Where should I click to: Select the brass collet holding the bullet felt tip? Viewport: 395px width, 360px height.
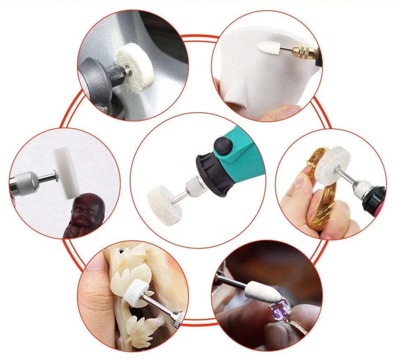(x=304, y=53)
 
